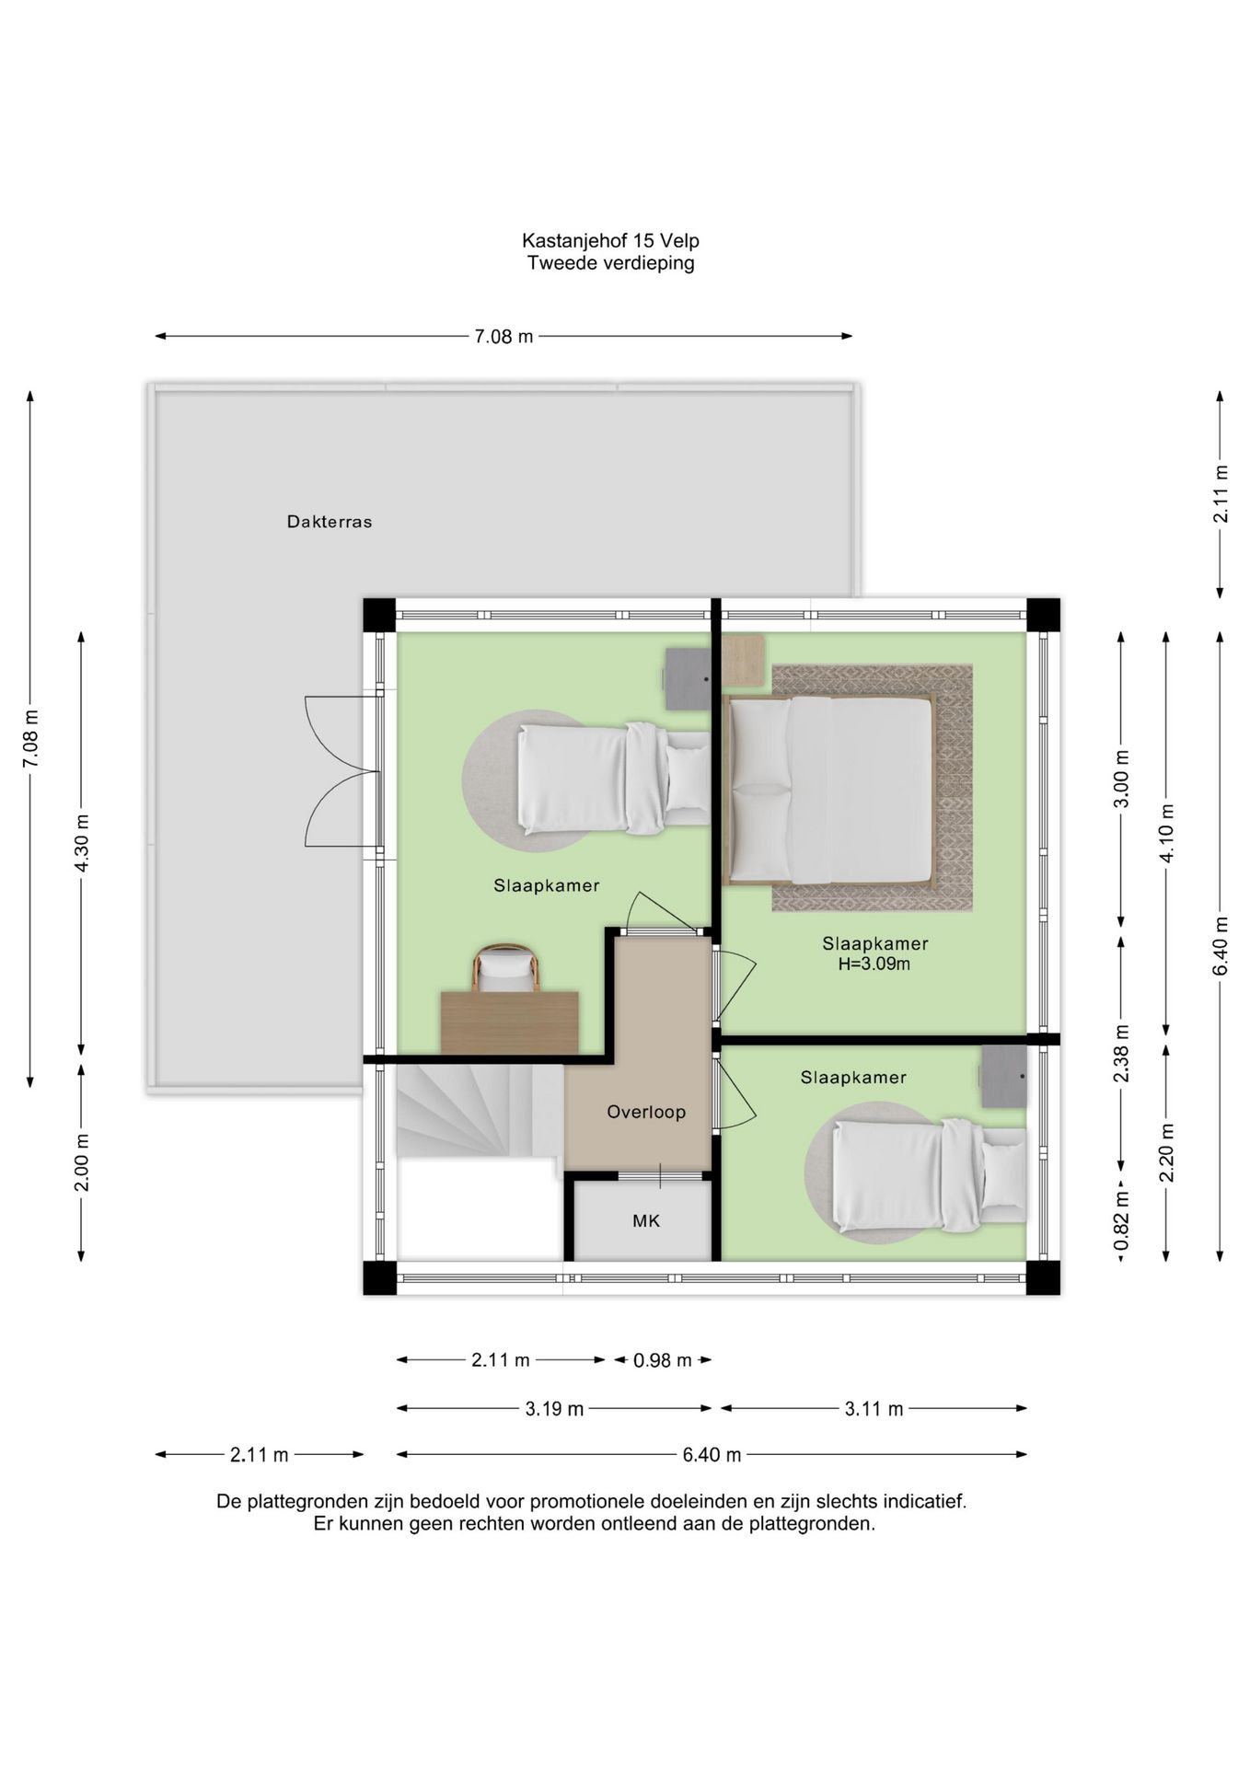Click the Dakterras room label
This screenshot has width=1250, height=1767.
330,522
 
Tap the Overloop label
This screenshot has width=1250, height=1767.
646,1112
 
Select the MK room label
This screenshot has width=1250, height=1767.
646,1221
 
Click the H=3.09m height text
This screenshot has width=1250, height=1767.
874,964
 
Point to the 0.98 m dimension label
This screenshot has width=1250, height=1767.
663,1360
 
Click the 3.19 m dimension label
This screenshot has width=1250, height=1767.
554,1409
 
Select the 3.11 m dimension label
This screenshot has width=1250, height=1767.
874,1409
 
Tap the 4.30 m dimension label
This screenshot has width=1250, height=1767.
82,843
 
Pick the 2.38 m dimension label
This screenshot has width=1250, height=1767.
1121,1052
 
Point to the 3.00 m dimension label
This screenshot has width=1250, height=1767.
1121,779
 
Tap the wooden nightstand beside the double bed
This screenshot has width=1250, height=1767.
743,660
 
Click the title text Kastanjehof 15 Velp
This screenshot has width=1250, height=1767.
610,241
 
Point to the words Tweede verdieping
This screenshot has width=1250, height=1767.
610,263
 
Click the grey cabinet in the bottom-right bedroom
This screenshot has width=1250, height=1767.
1003,1076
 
